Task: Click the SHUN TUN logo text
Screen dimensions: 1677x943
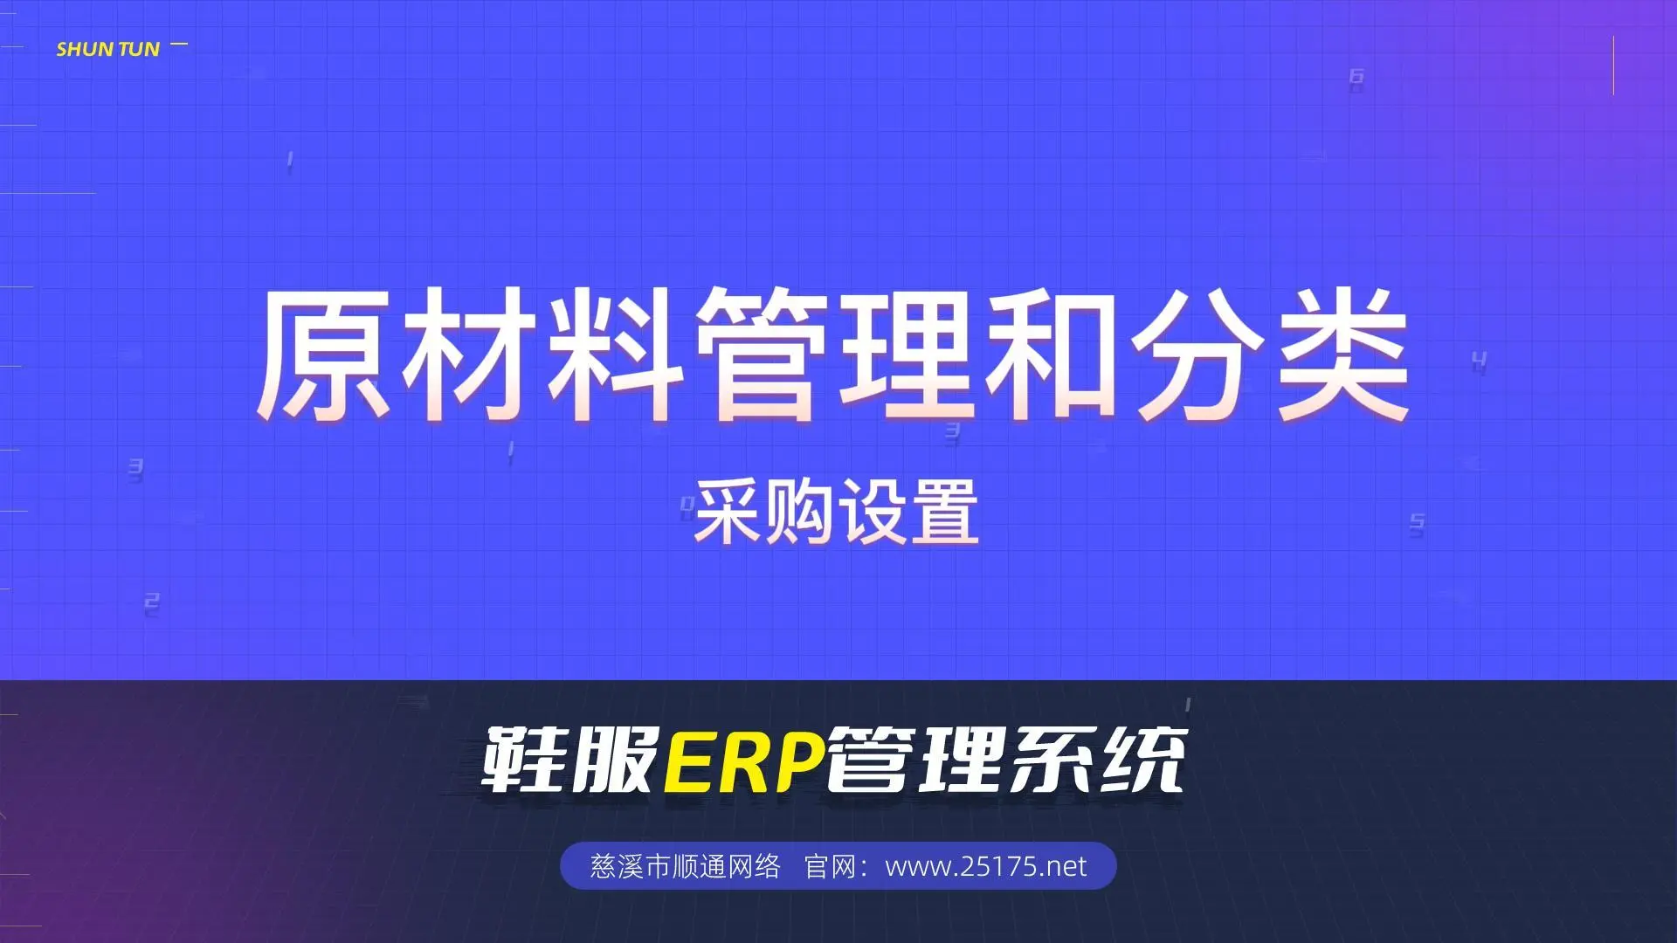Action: coord(108,50)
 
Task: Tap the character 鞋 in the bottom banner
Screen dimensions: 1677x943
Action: coord(523,761)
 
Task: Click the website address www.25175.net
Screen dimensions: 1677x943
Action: coord(986,866)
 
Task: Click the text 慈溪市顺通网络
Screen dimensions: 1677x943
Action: coord(686,866)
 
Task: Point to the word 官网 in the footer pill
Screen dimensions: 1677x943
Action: coord(829,866)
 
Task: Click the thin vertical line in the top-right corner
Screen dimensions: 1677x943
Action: coord(1613,65)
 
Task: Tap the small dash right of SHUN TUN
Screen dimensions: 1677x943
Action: coord(179,44)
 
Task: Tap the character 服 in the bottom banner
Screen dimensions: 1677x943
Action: coord(614,761)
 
